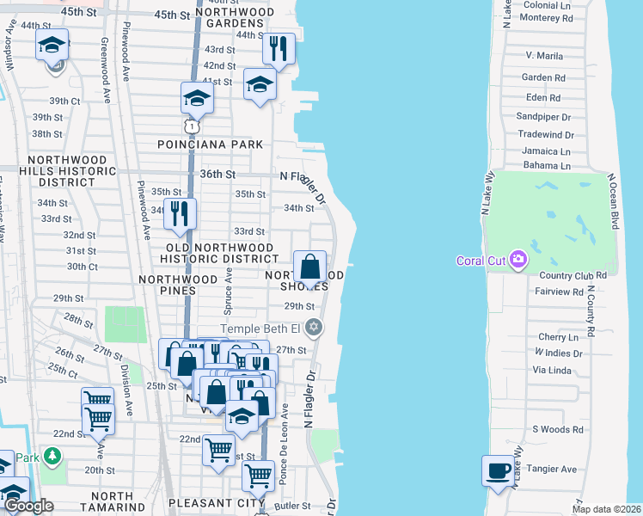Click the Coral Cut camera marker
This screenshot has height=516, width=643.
(x=517, y=260)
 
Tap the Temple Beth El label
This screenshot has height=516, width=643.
(x=262, y=328)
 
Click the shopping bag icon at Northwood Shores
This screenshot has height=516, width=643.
(x=309, y=267)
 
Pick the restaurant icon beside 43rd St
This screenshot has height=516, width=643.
(x=277, y=49)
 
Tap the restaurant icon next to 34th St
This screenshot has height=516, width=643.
(x=179, y=213)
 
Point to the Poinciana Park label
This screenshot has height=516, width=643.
(x=210, y=144)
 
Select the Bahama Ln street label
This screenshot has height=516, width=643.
(x=546, y=165)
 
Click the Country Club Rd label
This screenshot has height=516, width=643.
(x=573, y=275)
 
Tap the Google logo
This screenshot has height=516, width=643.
(x=29, y=506)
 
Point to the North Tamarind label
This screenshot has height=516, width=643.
(x=100, y=502)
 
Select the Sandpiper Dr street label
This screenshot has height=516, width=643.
(x=543, y=116)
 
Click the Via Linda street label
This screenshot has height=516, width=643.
(x=552, y=371)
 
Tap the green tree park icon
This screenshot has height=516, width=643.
(x=53, y=454)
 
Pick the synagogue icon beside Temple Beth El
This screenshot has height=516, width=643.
(x=315, y=328)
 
